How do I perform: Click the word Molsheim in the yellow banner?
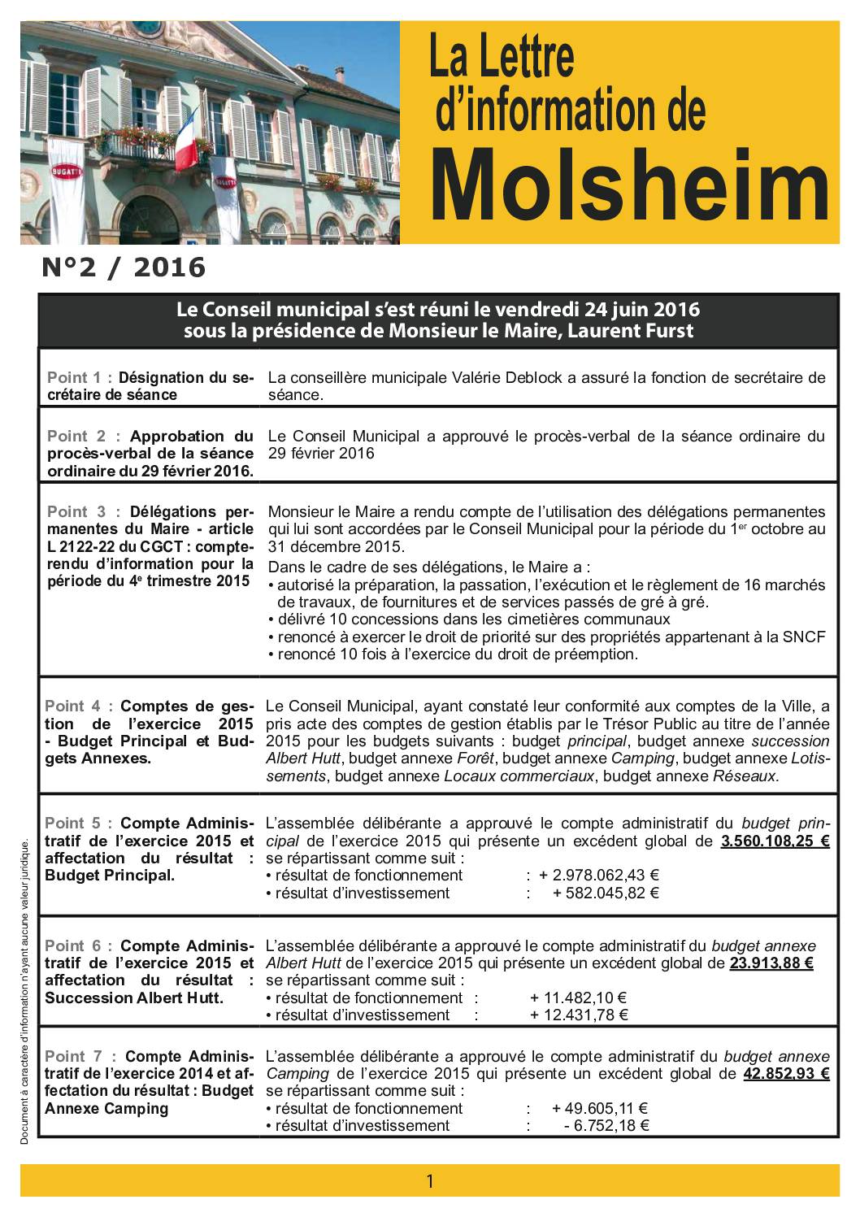coord(629,188)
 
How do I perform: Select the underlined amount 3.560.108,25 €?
coord(775,841)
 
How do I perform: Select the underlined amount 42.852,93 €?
coord(786,1073)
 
